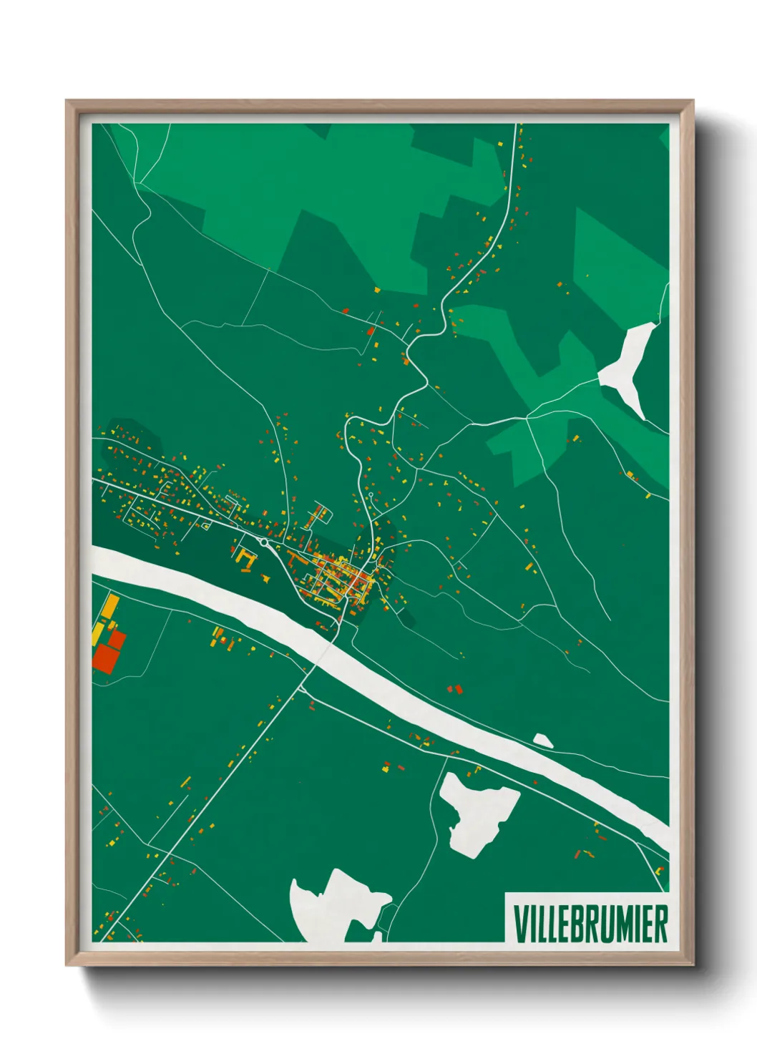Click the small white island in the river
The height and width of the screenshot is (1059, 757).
pos(542,740)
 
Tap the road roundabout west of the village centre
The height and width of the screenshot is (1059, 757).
pos(264,543)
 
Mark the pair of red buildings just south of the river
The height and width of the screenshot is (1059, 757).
pos(455,689)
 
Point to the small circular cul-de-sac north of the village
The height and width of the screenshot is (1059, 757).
pos(371,494)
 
